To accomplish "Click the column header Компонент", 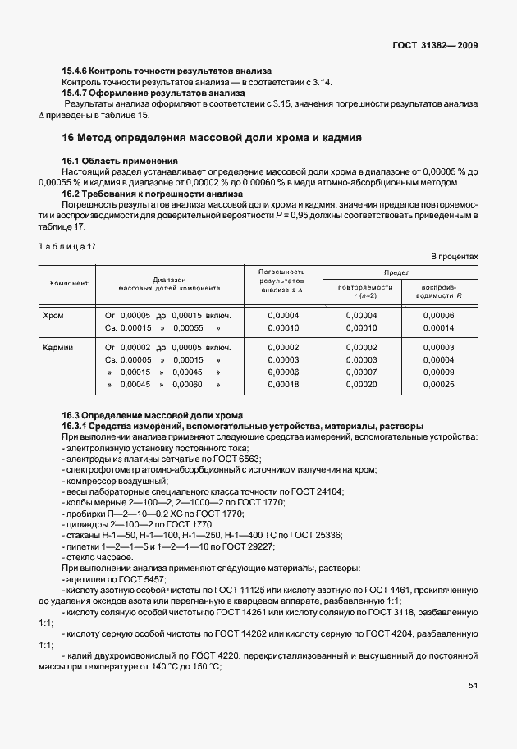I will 69,283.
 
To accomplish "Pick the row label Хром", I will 53,315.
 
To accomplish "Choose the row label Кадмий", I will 57,348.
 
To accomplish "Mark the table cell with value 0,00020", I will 361,384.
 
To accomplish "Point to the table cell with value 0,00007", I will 361,372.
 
